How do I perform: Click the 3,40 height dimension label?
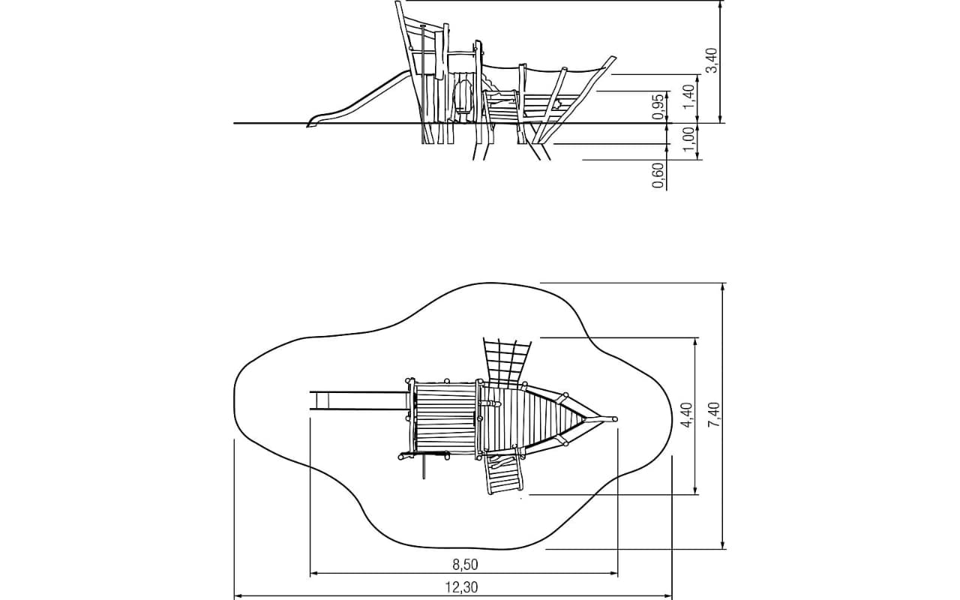coord(711,61)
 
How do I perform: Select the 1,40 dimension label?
coord(689,97)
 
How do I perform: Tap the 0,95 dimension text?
coord(658,106)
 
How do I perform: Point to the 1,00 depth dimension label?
coord(688,139)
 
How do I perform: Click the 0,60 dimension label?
coord(658,175)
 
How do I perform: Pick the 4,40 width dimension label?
coord(687,415)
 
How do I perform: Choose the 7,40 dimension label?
coord(715,415)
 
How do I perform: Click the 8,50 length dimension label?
coord(465,565)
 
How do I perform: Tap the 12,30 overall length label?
coord(461,587)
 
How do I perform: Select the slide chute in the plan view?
coord(358,400)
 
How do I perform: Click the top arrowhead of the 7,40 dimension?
coord(723,287)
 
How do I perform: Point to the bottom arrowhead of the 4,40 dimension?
coord(695,490)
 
